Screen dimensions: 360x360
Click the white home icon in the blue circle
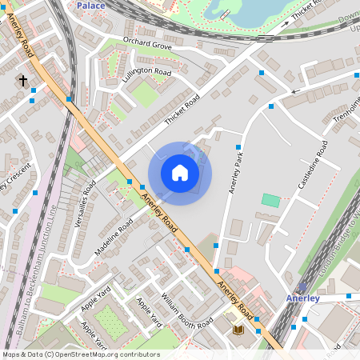pos(180,173)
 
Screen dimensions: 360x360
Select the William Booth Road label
pos(186,310)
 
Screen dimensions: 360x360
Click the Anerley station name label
pos(303,298)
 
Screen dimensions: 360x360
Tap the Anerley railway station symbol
pos(302,286)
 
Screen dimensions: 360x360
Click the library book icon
pos(238,330)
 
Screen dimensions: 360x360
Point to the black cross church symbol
pos(22,81)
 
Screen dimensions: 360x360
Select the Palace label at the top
pos(91,5)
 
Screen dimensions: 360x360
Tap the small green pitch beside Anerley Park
pos(271,200)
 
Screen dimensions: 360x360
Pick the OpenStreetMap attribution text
pos(80,354)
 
